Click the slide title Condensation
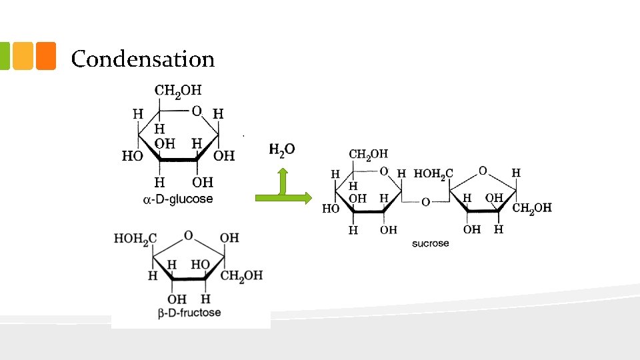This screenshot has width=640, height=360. click(143, 59)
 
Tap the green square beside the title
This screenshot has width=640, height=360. click(5, 56)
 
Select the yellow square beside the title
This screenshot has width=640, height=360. click(23, 56)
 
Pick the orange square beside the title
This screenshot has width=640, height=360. click(46, 56)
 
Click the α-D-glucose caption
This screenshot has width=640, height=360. click(178, 199)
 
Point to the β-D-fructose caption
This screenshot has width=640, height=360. click(189, 313)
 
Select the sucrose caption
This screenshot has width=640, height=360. click(430, 244)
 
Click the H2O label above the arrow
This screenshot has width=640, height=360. click(281, 150)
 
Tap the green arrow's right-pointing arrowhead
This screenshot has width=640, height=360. click(308, 198)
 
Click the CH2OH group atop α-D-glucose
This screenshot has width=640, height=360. click(178, 91)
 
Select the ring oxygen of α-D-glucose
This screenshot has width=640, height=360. click(197, 111)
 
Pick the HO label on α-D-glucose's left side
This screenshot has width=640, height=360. click(132, 155)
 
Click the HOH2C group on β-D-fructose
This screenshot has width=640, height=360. click(135, 239)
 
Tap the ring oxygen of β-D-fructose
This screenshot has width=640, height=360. click(188, 235)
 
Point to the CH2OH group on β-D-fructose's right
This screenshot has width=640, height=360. click(241, 276)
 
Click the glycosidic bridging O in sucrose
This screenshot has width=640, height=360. click(426, 202)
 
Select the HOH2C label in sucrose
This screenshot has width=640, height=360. click(433, 174)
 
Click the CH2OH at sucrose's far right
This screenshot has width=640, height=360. click(532, 208)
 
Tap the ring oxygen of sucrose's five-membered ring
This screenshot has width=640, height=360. click(483, 171)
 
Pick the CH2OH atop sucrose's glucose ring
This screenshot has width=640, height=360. click(368, 155)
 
